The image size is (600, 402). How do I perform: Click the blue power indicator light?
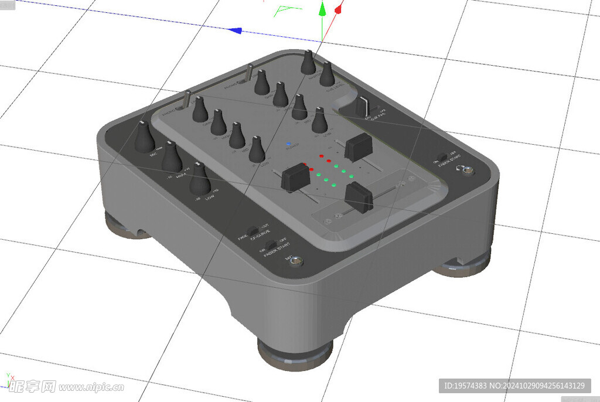pos(288,143)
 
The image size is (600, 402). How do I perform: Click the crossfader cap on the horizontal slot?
pos(359,197)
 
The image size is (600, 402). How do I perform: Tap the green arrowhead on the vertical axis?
pos(322,9)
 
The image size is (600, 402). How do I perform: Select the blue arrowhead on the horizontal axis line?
pos(236,30)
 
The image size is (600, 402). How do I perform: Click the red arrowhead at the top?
pos(338,9)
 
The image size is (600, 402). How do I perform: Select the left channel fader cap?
pos(295,176)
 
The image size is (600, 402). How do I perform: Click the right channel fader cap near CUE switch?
pos(357,147)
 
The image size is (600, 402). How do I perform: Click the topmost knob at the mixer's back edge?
pos(308,63)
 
